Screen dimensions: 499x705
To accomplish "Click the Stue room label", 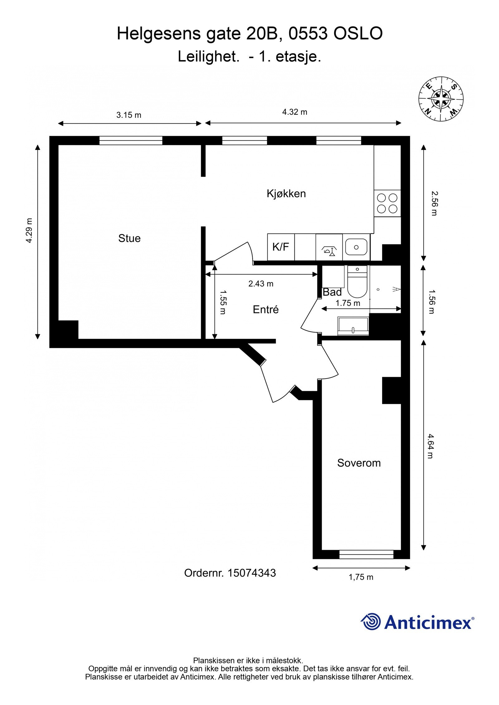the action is [129, 238].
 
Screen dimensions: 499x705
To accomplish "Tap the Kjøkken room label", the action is [286, 193].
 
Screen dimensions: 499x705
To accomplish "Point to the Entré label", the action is [266, 309].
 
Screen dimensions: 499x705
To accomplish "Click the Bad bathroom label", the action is [332, 292].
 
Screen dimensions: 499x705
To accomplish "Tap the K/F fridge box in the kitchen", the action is [281, 247].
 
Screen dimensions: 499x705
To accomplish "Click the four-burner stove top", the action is [387, 203].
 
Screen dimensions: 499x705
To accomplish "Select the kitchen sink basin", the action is [356, 247].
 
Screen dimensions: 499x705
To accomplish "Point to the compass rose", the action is [441, 99].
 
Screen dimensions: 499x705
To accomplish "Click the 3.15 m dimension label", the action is [129, 115].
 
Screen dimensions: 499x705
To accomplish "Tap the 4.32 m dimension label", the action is [295, 112].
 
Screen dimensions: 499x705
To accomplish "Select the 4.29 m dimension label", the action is [29, 230].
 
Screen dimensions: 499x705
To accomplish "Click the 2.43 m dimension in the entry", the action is [261, 283].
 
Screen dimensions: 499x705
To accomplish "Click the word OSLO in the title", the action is [358, 34].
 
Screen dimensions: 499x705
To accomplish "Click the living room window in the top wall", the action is [131, 141].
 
